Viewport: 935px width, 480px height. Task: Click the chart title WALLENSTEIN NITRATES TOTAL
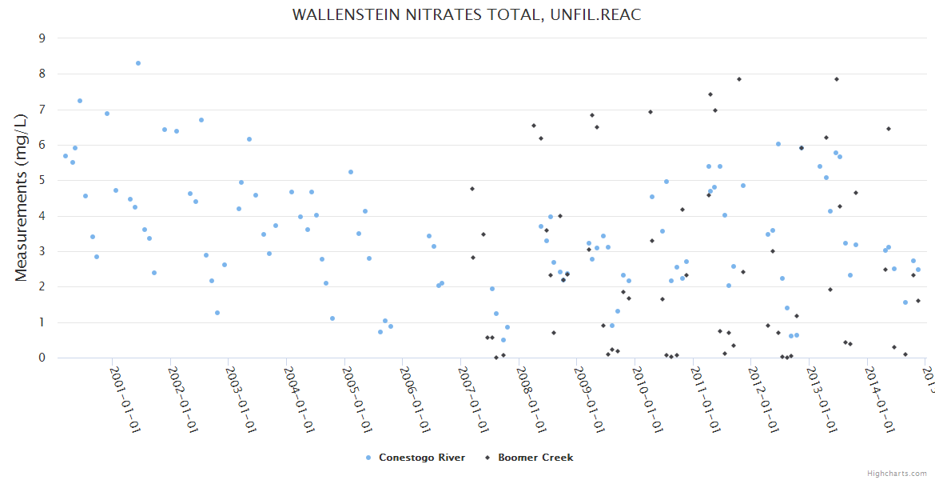[x=467, y=14]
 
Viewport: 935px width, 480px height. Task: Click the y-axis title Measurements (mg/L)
[x=22, y=198]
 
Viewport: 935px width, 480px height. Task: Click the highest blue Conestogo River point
[x=138, y=63]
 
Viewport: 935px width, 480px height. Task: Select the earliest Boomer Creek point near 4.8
[x=472, y=189]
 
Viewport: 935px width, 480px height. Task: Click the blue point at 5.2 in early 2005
[x=351, y=172]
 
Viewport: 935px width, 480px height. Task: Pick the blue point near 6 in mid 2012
[x=778, y=144]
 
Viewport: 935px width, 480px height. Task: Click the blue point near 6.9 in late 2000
[x=107, y=114]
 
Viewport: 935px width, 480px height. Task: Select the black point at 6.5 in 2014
[x=889, y=129]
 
